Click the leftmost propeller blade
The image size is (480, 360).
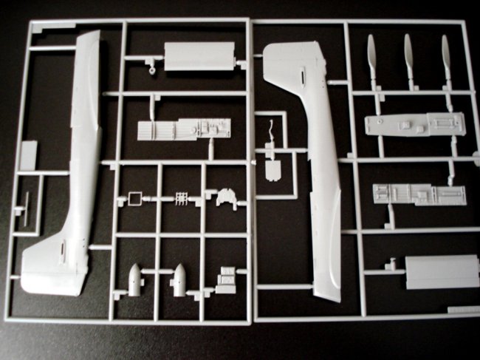point(372,59)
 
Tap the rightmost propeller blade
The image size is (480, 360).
point(446,58)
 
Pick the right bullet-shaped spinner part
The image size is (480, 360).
point(179,280)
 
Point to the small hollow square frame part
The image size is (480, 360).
point(134,198)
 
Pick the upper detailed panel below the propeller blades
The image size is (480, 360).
point(414,124)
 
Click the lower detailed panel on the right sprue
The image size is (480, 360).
point(413,194)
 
